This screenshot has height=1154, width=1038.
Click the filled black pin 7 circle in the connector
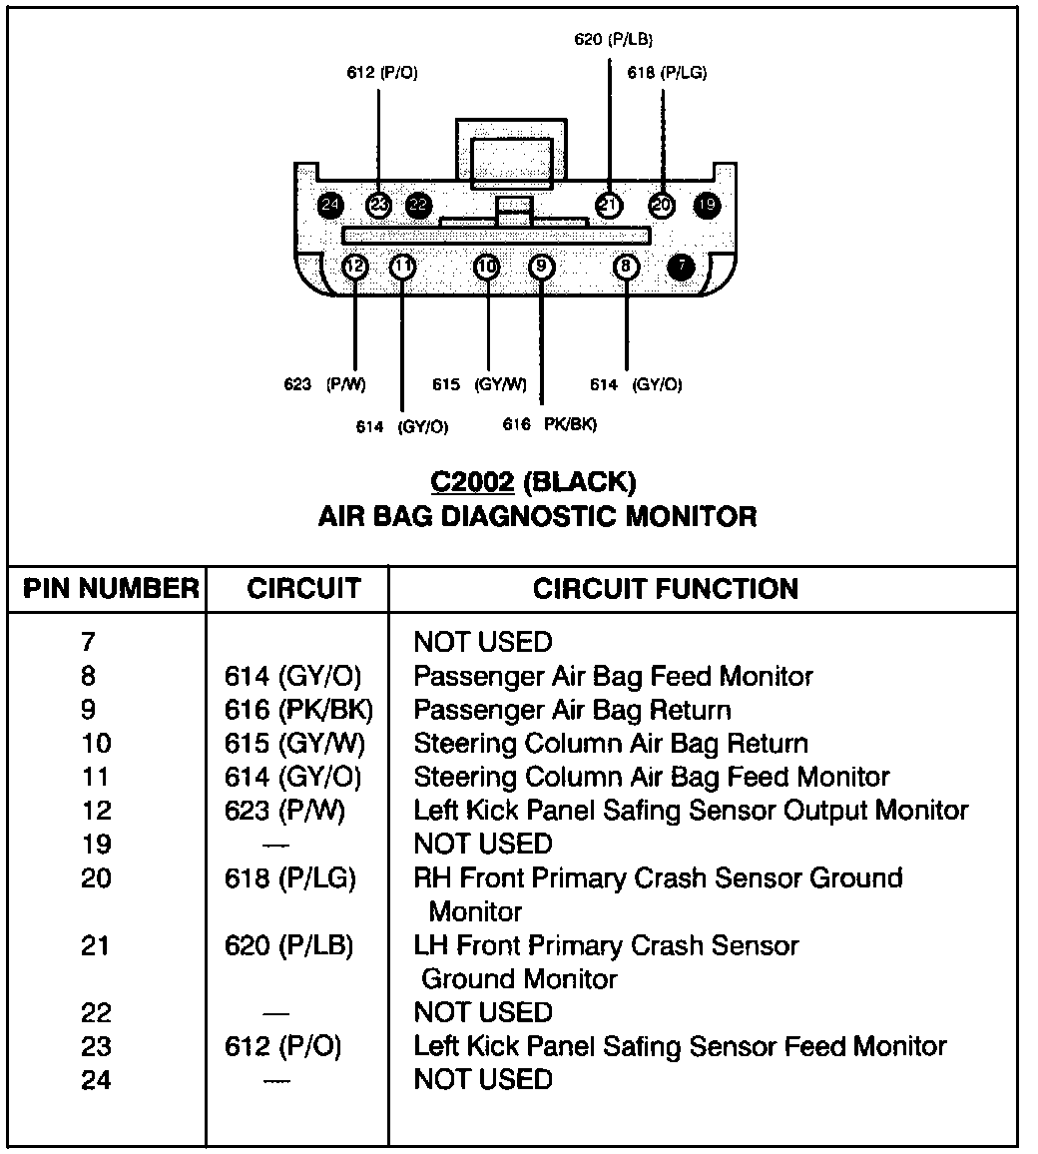(x=682, y=267)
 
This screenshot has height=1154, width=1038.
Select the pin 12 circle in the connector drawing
(x=355, y=267)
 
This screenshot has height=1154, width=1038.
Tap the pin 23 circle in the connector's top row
(x=378, y=205)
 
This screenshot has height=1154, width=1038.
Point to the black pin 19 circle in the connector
(x=707, y=205)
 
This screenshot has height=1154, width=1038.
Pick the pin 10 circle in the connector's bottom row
(x=487, y=267)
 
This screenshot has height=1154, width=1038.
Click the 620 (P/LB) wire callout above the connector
(x=614, y=39)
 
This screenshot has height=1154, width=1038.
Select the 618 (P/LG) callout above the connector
(x=667, y=73)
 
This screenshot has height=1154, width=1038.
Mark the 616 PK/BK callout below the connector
(x=549, y=424)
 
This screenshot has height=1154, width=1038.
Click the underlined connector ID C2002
(x=472, y=482)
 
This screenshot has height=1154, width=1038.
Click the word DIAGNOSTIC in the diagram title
(x=516, y=516)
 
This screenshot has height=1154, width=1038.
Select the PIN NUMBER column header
(x=111, y=589)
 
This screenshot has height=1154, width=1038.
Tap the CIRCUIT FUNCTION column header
(x=666, y=589)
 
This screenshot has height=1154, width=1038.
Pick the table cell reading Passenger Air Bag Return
(x=572, y=710)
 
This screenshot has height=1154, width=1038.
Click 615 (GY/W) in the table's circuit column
(x=294, y=744)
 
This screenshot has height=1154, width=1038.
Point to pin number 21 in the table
(x=96, y=945)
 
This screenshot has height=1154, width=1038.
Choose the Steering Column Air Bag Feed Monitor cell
(x=651, y=777)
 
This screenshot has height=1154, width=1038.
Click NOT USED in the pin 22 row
(x=483, y=1012)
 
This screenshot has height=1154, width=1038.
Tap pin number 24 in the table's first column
(x=96, y=1080)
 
